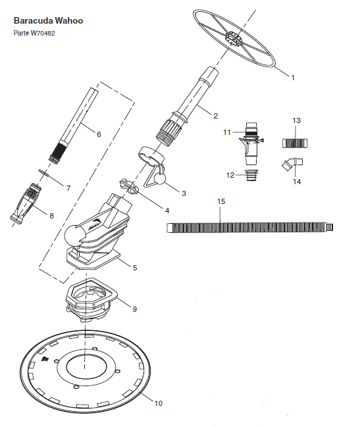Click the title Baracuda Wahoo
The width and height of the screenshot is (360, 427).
48,20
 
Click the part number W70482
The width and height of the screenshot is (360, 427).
43,33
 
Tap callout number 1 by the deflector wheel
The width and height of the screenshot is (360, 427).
293,78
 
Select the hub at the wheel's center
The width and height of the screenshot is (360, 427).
234,39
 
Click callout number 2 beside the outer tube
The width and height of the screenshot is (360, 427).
216,116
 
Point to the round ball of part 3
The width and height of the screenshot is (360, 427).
159,180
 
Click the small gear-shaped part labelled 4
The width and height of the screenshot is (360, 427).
129,186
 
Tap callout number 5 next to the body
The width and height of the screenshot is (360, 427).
135,268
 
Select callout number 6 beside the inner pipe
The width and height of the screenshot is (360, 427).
99,134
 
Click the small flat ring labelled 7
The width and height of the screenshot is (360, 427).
43,172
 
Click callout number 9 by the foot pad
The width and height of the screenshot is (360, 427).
134,309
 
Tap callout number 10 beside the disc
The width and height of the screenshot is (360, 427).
159,403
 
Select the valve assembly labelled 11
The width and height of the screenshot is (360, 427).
251,143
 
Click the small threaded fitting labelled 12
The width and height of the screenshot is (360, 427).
251,175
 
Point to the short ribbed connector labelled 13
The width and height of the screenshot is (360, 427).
295,143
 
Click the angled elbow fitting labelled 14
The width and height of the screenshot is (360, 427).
292,164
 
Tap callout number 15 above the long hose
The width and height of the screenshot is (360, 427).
221,201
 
